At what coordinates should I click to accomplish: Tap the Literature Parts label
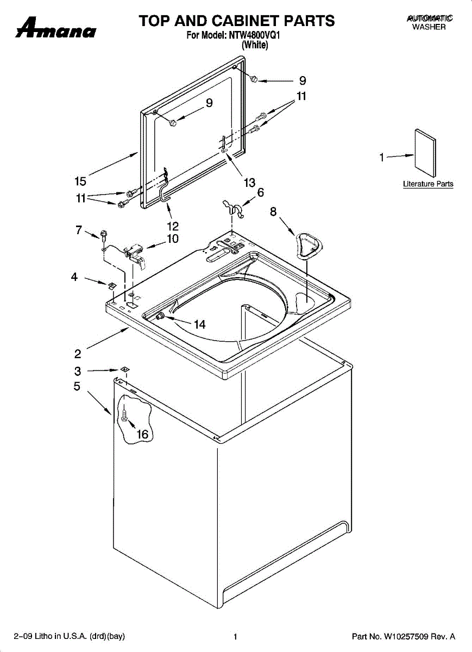[x=428, y=184]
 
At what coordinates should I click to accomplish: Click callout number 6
[x=261, y=192]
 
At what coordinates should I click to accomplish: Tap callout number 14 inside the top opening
[x=200, y=324]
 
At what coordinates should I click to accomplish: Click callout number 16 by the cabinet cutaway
[x=142, y=434]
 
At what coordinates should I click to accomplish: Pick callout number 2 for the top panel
[x=78, y=354]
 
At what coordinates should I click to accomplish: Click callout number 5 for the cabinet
[x=77, y=387]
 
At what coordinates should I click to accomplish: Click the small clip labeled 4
[x=111, y=285]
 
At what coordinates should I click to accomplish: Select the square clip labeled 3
[x=125, y=369]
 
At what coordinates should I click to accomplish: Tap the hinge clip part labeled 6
[x=234, y=207]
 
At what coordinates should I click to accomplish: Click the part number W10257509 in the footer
[x=404, y=637]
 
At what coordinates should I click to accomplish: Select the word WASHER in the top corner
[x=429, y=27]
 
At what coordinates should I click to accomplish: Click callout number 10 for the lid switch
[x=173, y=239]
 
